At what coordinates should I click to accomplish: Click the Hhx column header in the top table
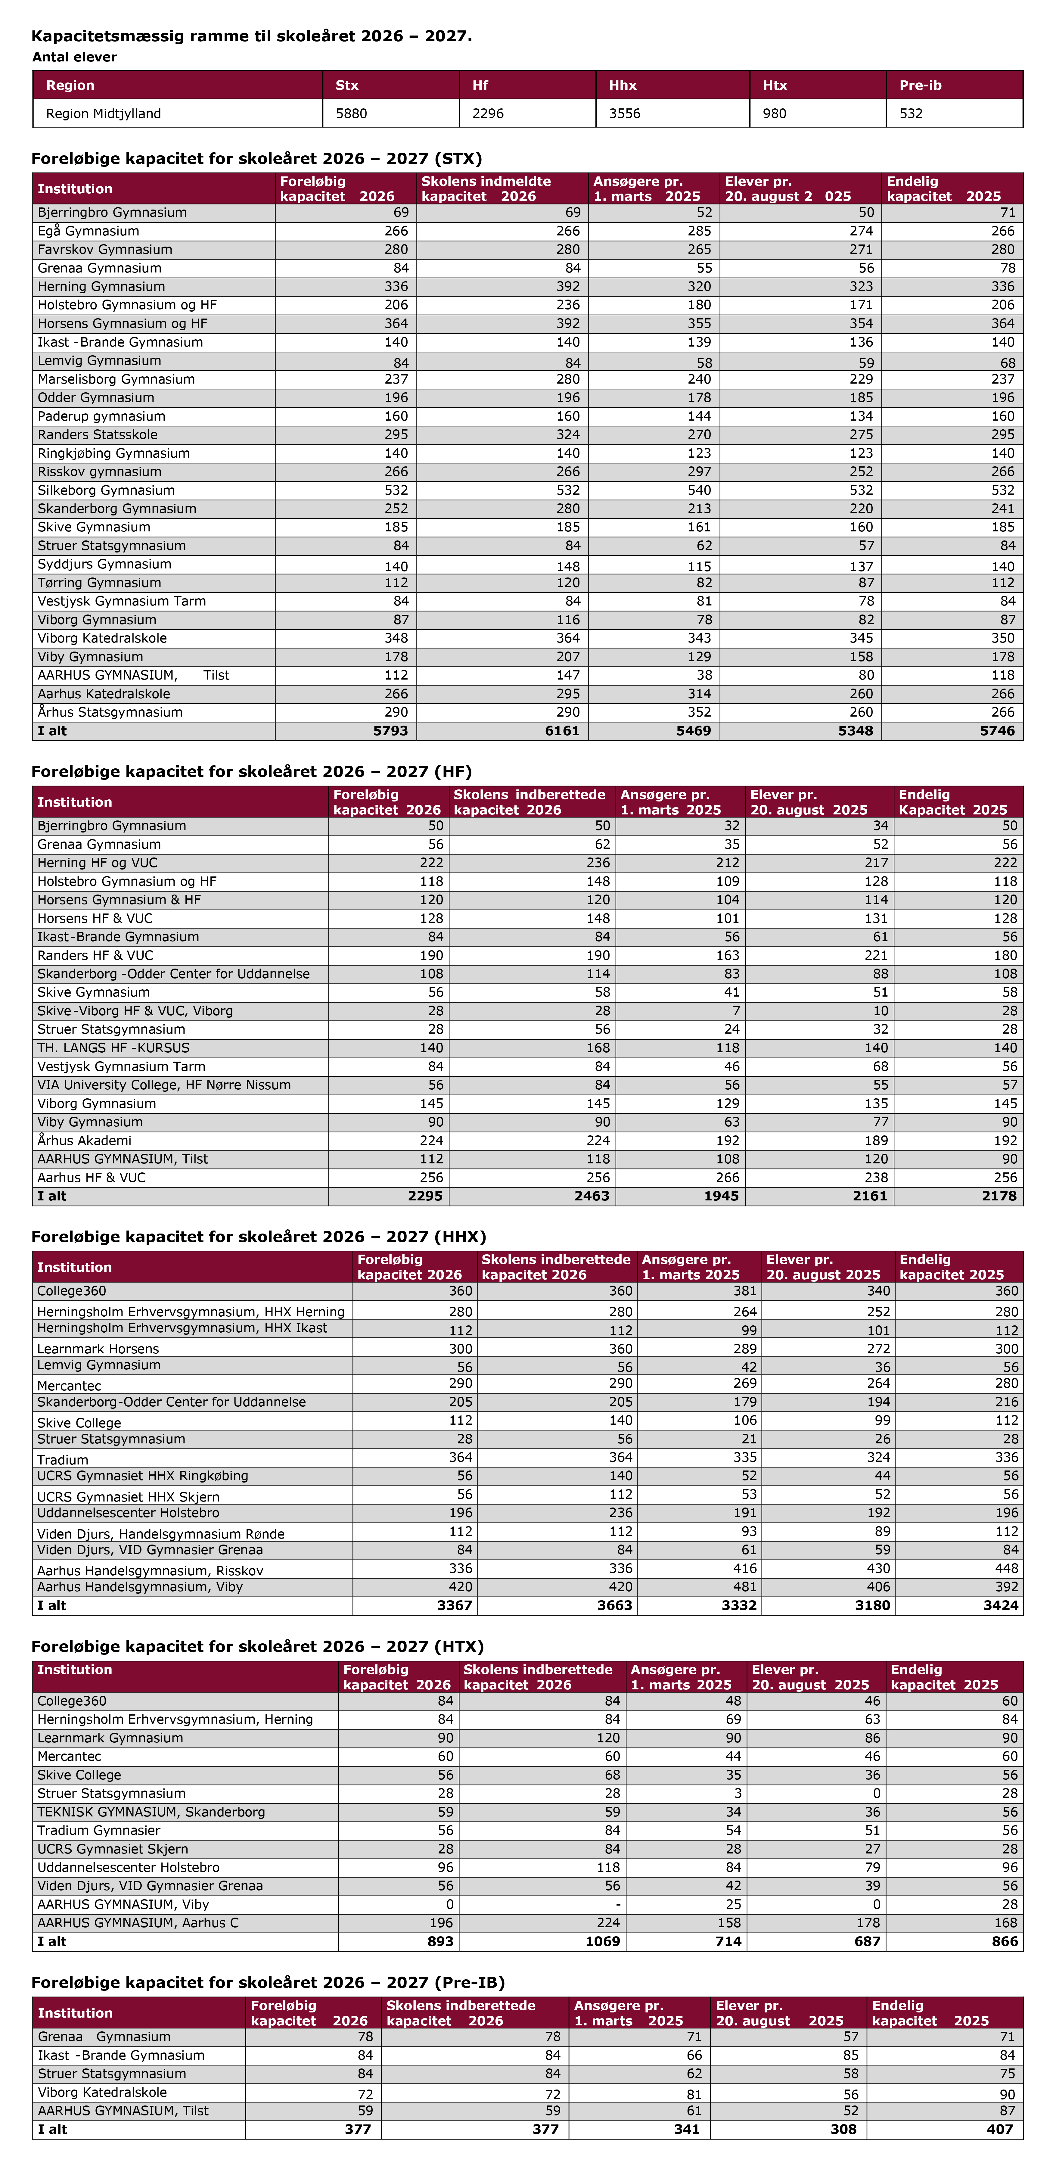623,85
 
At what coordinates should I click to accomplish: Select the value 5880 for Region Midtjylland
351,114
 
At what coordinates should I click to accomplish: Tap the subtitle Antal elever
75,57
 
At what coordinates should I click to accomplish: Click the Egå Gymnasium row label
88,231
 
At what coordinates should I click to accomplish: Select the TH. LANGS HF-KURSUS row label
113,1048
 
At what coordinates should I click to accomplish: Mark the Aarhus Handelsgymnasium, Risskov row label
150,1570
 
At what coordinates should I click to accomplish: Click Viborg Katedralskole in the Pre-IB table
103,2092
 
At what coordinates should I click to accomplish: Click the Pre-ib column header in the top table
921,85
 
